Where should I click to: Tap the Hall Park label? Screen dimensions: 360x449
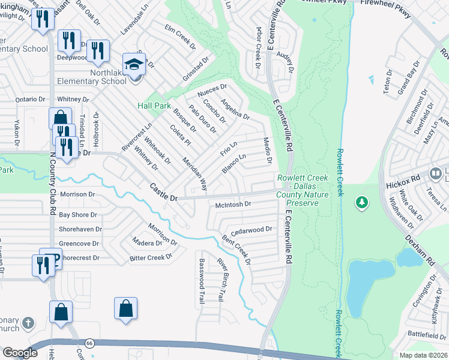pyautogui.click(x=154, y=105)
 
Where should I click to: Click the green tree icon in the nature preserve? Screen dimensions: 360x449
pyautogui.click(x=361, y=203)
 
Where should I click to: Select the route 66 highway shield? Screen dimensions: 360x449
pyautogui.click(x=89, y=342)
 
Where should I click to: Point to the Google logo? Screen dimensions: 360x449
pyautogui.click(x=20, y=353)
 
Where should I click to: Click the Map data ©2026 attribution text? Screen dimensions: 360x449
pyautogui.click(x=423, y=355)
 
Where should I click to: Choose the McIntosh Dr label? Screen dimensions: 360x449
pyautogui.click(x=232, y=205)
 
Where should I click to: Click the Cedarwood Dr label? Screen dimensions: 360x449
pyautogui.click(x=252, y=229)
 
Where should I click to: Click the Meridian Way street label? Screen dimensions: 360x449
pyautogui.click(x=194, y=171)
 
